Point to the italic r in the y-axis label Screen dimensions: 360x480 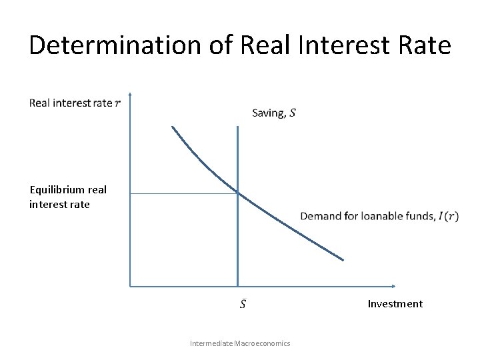pos(118,103)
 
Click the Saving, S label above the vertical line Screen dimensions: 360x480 pos(274,113)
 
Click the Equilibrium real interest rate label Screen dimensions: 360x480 pos(67,197)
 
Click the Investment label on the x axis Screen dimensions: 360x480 pos(395,304)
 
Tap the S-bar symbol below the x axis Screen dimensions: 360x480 pos(243,304)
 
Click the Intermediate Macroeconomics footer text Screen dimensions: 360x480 pos(240,343)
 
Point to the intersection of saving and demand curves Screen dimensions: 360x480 pos(237,193)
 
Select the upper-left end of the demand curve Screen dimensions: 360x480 pos(173,127)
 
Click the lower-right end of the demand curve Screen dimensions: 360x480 pos(343,260)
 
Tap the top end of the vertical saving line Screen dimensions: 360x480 pos(237,127)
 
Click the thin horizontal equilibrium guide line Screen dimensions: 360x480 pos(183,193)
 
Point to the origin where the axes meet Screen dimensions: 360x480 pos(131,287)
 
